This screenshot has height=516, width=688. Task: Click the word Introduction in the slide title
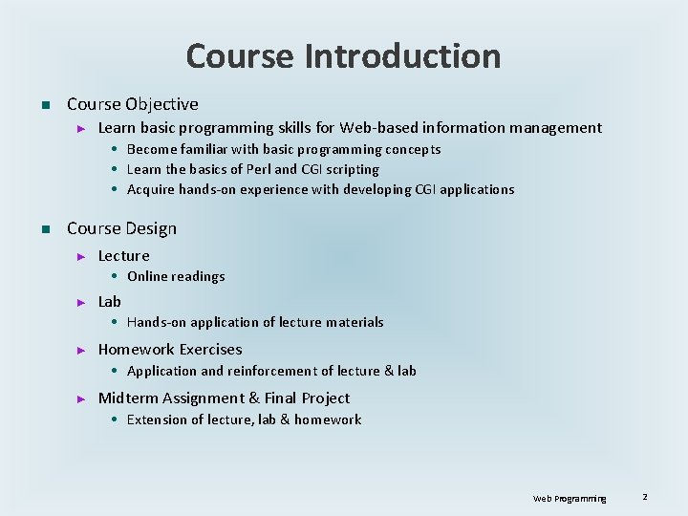coord(402,56)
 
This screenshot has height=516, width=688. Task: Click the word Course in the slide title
coord(240,56)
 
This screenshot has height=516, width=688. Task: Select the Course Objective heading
coord(133,104)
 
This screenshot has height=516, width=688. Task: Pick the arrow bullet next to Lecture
coord(82,256)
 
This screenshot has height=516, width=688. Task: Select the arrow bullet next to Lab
coord(82,302)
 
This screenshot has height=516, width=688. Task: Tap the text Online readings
coord(176,276)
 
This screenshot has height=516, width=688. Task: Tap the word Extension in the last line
coord(158,419)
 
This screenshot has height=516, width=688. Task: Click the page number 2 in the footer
coord(645,497)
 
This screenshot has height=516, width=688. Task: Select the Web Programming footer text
coord(570,499)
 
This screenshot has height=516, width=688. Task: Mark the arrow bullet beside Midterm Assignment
coord(82,398)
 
